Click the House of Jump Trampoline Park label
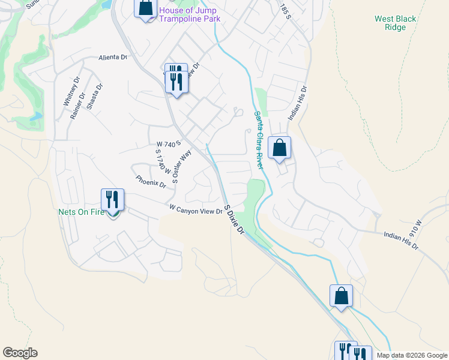(x=190, y=14)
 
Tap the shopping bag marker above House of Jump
(x=145, y=8)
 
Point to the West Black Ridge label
(x=395, y=23)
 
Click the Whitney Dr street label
(x=67, y=92)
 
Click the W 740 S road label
(x=168, y=145)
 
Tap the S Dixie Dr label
(x=234, y=220)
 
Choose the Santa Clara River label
(x=259, y=140)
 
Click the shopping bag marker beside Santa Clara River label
(x=280, y=148)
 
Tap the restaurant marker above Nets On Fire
(x=112, y=199)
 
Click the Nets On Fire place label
(x=82, y=212)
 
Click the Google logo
(x=20, y=353)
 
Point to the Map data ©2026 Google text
(x=412, y=355)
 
